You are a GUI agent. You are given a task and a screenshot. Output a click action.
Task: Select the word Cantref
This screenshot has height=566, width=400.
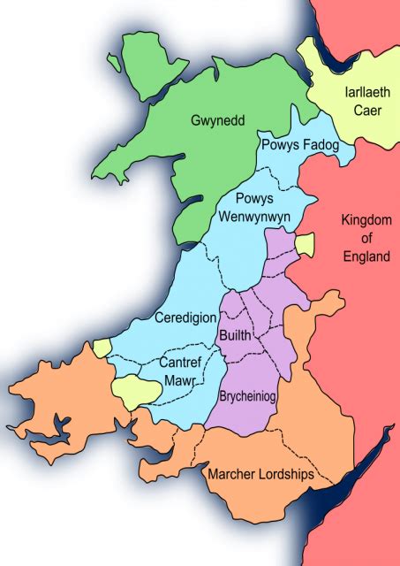181,363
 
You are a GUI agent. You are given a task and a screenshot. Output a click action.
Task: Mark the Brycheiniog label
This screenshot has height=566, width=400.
247,398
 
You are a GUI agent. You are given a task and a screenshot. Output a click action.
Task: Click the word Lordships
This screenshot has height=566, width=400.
287,475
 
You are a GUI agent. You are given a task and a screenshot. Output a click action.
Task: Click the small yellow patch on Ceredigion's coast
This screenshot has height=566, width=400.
103,347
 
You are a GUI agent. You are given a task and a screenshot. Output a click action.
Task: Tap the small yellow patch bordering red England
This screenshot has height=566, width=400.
304,244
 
